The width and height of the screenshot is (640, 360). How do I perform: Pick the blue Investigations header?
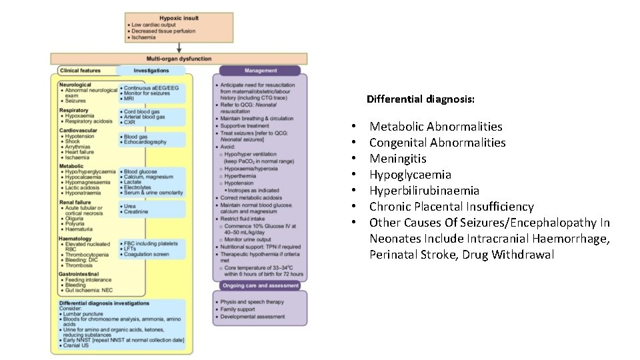[x=151, y=70]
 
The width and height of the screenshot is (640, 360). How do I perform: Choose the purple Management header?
[x=260, y=70]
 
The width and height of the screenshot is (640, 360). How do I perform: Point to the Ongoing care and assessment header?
[x=260, y=286]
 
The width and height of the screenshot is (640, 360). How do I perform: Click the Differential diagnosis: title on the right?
[x=421, y=99]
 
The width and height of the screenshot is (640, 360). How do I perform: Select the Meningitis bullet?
[x=398, y=159]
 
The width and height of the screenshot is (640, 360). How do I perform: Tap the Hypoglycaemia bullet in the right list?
[x=410, y=175]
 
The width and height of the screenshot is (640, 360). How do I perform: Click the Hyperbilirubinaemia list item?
[x=424, y=191]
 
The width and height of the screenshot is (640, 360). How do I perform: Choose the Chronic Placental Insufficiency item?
[x=451, y=207]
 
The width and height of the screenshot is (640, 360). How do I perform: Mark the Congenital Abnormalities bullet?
[x=437, y=143]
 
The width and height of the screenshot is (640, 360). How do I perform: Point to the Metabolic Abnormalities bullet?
[x=436, y=127]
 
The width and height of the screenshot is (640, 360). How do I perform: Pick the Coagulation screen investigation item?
[x=147, y=254]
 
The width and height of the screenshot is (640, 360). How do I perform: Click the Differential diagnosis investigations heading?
[x=104, y=303]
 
